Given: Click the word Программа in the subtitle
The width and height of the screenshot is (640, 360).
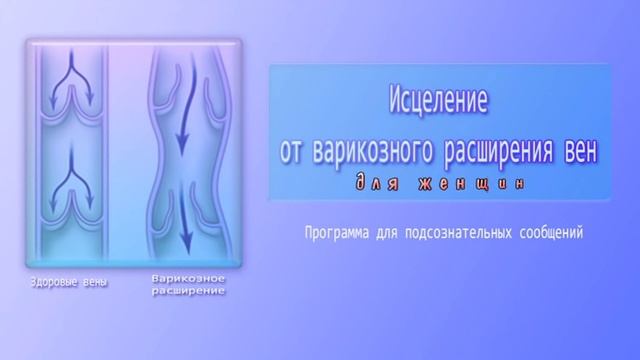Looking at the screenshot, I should (x=338, y=232).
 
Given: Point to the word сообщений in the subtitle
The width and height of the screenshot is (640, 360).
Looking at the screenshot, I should (x=552, y=232).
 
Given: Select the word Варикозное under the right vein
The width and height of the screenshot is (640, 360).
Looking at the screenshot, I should (x=188, y=279).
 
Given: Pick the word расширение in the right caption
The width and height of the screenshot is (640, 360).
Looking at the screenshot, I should (x=188, y=292).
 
